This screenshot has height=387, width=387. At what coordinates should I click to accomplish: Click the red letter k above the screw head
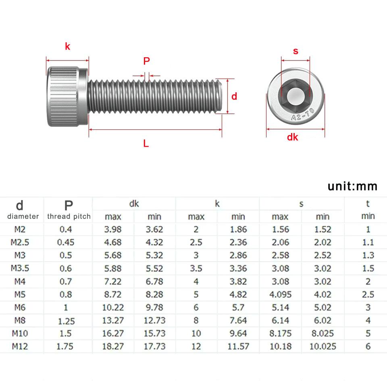pyautogui.click(x=67, y=46)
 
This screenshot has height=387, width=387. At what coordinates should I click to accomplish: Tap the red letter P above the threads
pyautogui.click(x=146, y=61)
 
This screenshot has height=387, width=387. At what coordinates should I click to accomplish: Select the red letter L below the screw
pyautogui.click(x=146, y=143)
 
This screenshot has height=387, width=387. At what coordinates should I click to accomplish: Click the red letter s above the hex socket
pyautogui.click(x=295, y=51)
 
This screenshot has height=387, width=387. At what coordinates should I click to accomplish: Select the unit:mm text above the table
pyautogui.click(x=352, y=186)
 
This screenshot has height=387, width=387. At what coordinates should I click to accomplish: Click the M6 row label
pyautogui.click(x=20, y=307)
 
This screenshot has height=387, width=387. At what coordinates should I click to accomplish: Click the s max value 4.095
pyautogui.click(x=280, y=294)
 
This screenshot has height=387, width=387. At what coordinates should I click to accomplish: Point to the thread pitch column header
pyautogui.click(x=69, y=216)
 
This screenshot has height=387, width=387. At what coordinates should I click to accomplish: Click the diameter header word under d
pyautogui.click(x=23, y=216)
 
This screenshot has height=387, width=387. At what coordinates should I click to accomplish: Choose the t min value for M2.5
pyautogui.click(x=368, y=242)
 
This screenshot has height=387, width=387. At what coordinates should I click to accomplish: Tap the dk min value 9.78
pyautogui.click(x=154, y=307)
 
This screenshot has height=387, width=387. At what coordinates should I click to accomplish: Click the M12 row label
pyautogui.click(x=20, y=346)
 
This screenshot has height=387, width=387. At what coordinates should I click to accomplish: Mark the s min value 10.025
pyautogui.click(x=322, y=346)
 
